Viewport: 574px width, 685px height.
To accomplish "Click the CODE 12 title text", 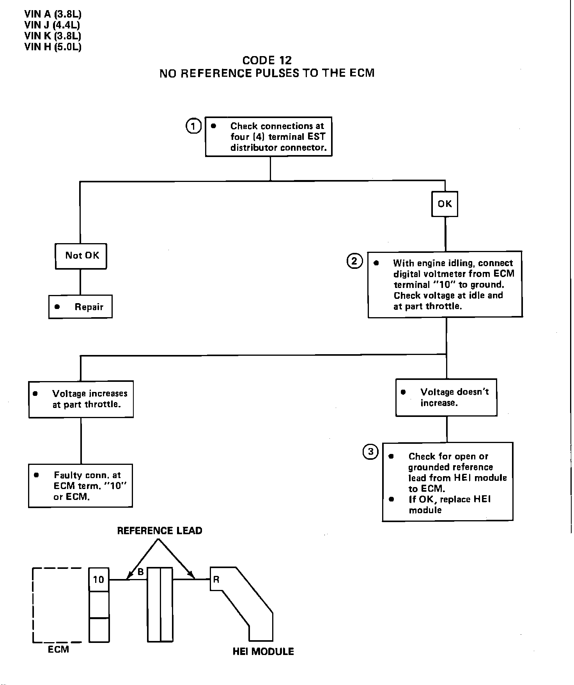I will click(x=267, y=60).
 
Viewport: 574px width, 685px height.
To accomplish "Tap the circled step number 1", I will click(x=193, y=126).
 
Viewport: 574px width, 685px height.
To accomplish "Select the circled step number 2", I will click(x=354, y=261).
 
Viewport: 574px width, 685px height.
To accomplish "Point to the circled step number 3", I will click(x=370, y=452).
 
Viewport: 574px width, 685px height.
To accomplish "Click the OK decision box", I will click(x=445, y=204).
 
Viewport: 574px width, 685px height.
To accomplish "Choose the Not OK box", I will click(x=81, y=256).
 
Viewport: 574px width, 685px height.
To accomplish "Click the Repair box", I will click(x=80, y=307).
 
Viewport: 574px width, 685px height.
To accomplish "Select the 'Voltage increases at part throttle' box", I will click(x=81, y=399).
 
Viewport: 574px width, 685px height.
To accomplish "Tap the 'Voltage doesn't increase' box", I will click(x=446, y=397).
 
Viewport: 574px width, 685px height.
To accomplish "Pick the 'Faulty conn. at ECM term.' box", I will click(x=81, y=486).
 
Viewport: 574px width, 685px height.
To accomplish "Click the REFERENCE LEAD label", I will click(x=159, y=531).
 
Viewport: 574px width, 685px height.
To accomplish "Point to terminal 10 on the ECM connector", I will click(x=99, y=580).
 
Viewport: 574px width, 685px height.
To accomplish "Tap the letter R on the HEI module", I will click(x=216, y=579).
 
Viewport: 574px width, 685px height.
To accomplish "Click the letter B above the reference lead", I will click(x=141, y=572).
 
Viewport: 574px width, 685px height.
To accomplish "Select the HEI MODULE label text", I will click(x=263, y=651).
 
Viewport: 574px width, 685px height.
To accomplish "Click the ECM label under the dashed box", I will click(x=58, y=650).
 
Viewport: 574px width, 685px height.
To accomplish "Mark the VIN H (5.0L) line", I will click(x=53, y=47).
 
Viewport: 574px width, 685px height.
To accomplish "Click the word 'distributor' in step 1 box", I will click(x=254, y=148).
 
